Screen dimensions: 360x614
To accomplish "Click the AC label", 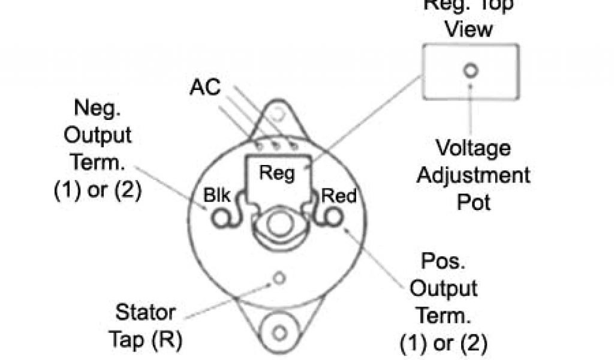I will tap(205, 88).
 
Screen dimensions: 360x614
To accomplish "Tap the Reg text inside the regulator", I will tap(276, 173).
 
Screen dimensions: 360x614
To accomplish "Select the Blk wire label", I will tap(216, 196).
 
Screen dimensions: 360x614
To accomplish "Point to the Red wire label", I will tap(339, 196).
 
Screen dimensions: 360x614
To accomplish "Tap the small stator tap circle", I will tap(278, 278).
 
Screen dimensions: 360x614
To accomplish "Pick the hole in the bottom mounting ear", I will tap(278, 332).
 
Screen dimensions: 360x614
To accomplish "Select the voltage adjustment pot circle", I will tap(471, 71).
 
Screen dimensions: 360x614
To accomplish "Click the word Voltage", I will tap(473, 148).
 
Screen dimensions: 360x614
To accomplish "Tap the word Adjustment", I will tap(473, 175).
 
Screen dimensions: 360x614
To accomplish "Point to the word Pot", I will tap(474, 202).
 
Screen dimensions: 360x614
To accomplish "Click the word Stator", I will tap(145, 313).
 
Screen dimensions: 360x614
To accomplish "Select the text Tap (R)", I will tap(145, 340).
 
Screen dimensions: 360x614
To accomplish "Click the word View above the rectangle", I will tap(469, 29).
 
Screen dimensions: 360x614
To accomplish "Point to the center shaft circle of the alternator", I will tap(276, 223).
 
